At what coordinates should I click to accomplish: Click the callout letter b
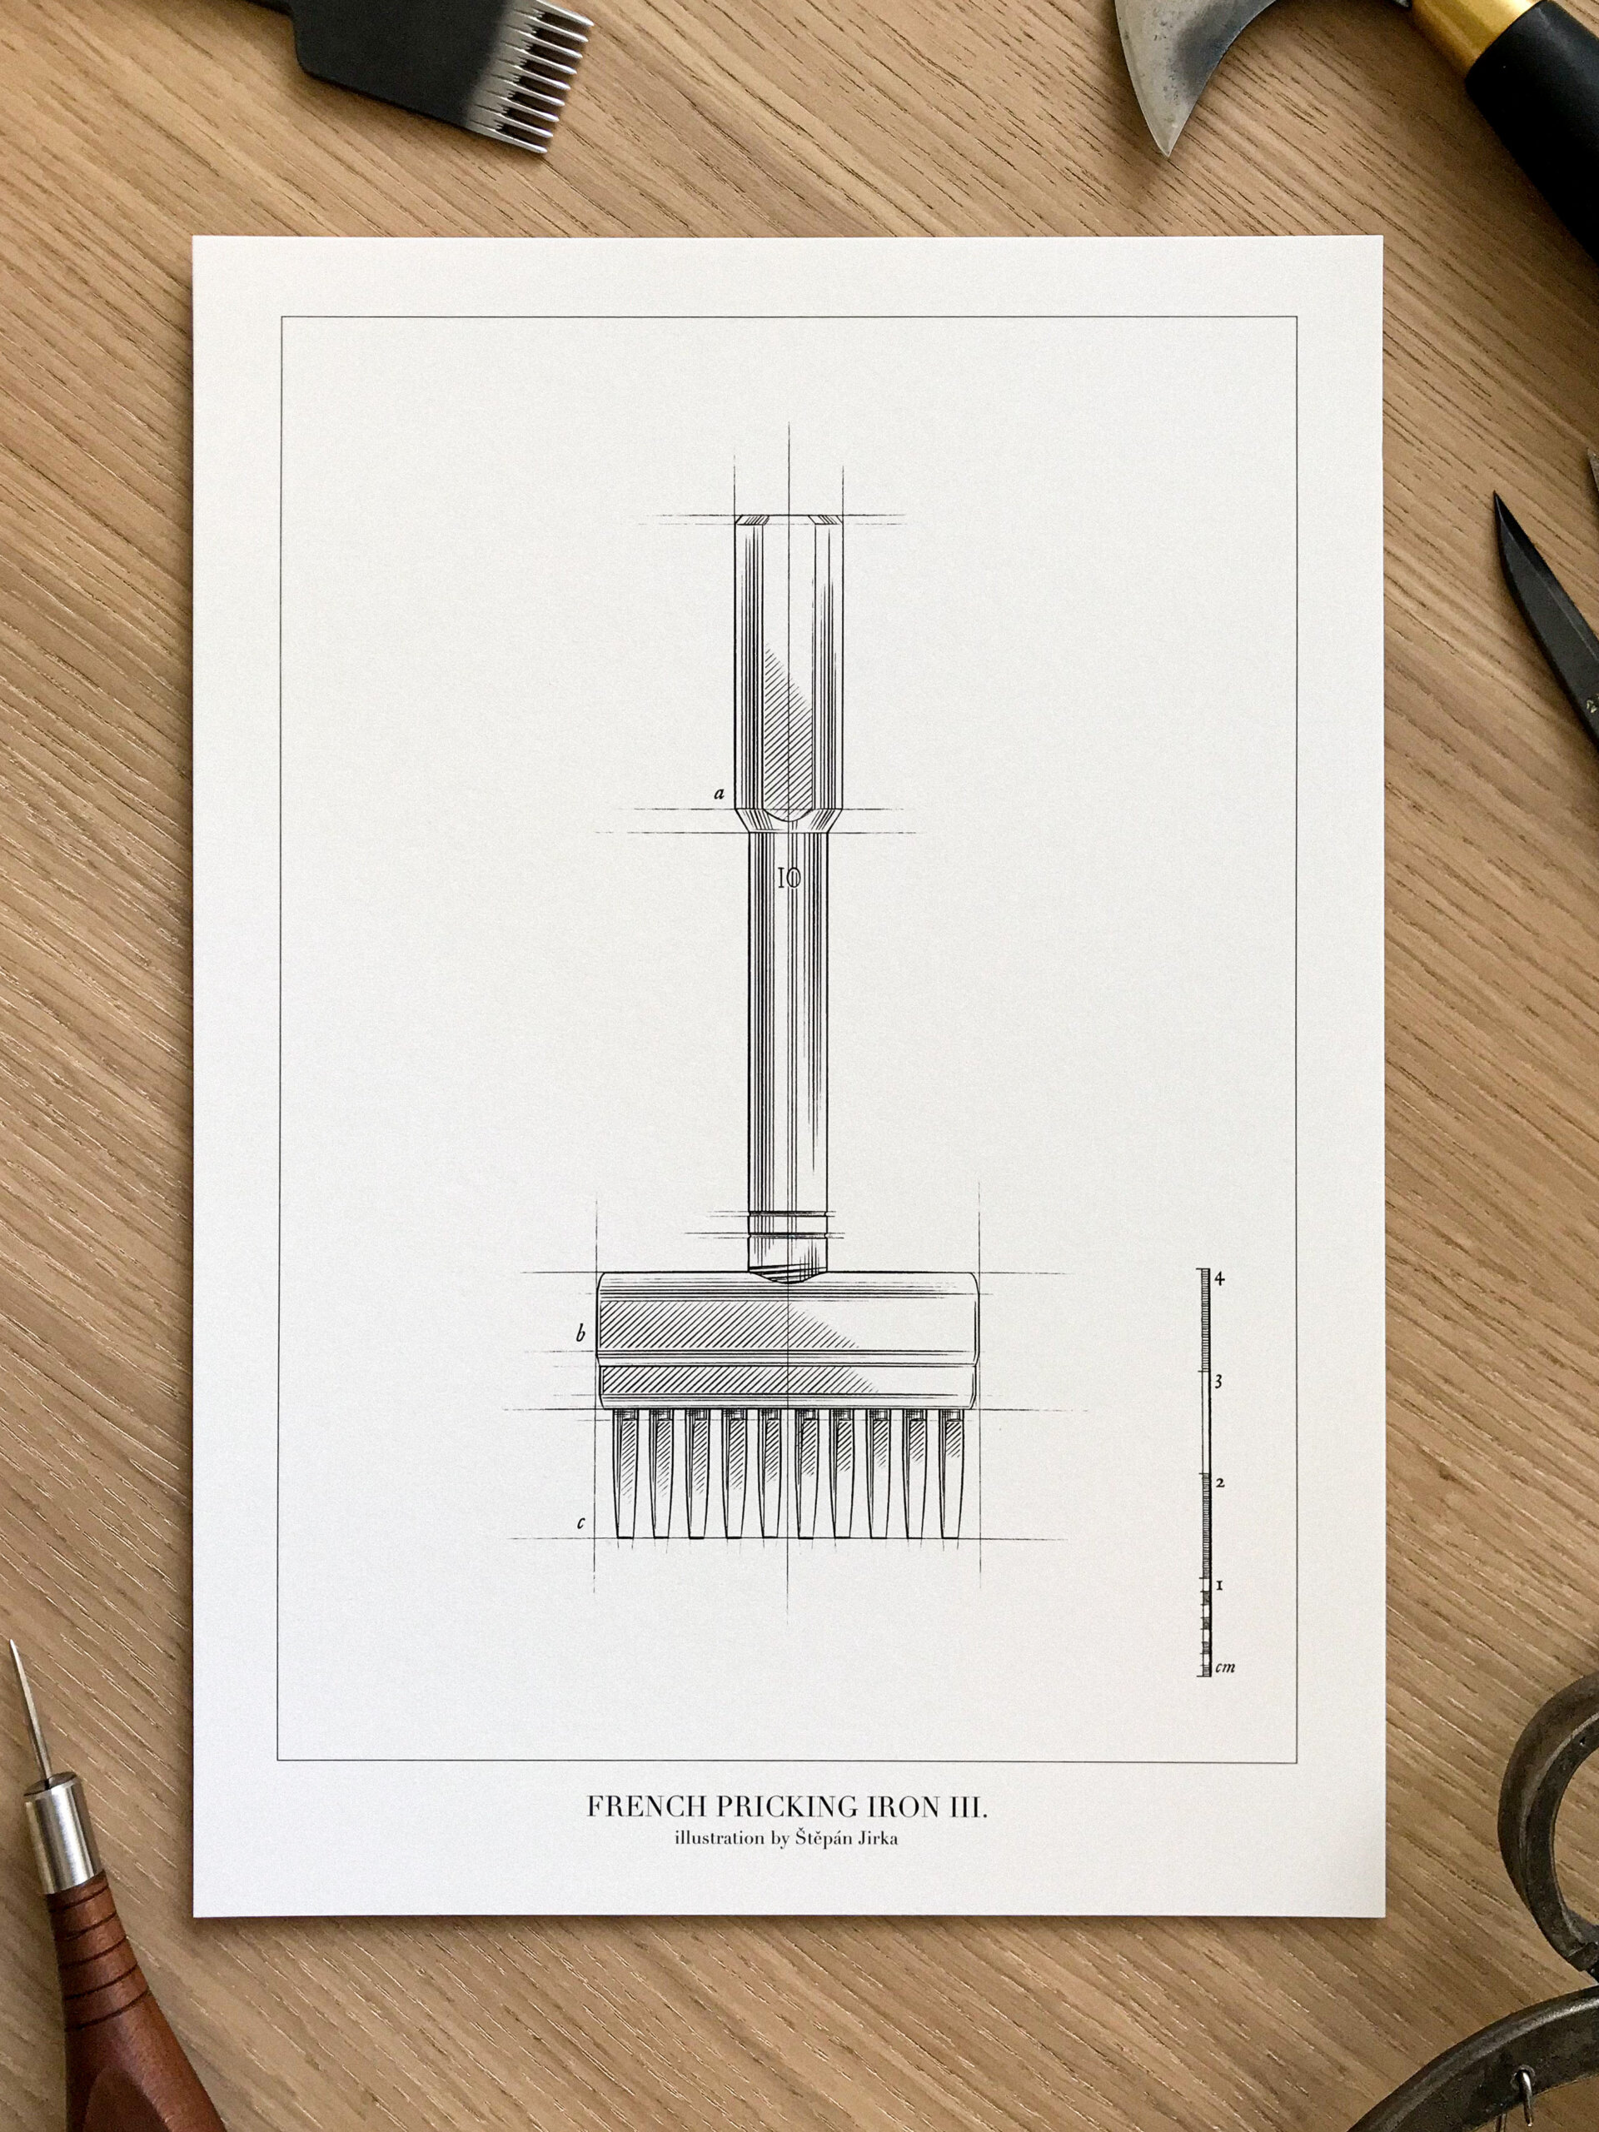coord(580,1335)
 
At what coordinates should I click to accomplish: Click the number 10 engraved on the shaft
coord(789,877)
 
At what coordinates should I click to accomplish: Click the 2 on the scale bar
coord(1219,1482)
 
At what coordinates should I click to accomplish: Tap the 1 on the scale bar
coord(1219,1583)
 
